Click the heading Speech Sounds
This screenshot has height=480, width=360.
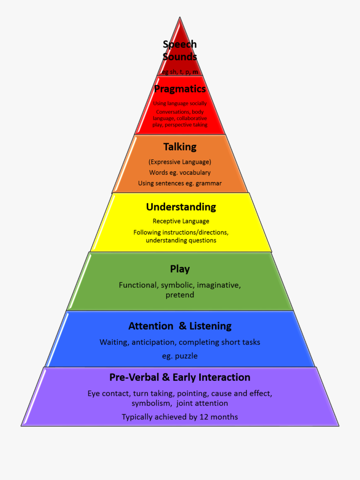180,50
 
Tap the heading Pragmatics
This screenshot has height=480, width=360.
180,89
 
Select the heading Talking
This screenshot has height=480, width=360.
180,147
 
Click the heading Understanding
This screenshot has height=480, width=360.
181,207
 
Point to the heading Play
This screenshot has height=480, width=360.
180,269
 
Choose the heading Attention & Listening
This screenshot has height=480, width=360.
180,326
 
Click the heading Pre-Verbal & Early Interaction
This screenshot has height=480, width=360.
180,377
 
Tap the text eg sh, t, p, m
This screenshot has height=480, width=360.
180,72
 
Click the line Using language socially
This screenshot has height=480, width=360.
180,104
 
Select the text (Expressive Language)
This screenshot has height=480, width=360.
180,162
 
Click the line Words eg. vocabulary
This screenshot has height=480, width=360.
180,173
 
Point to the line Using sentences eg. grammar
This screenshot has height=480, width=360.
180,183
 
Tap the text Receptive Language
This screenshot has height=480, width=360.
181,221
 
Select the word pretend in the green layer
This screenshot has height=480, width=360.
180,295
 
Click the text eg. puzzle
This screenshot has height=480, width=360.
180,356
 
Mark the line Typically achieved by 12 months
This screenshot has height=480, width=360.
180,417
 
